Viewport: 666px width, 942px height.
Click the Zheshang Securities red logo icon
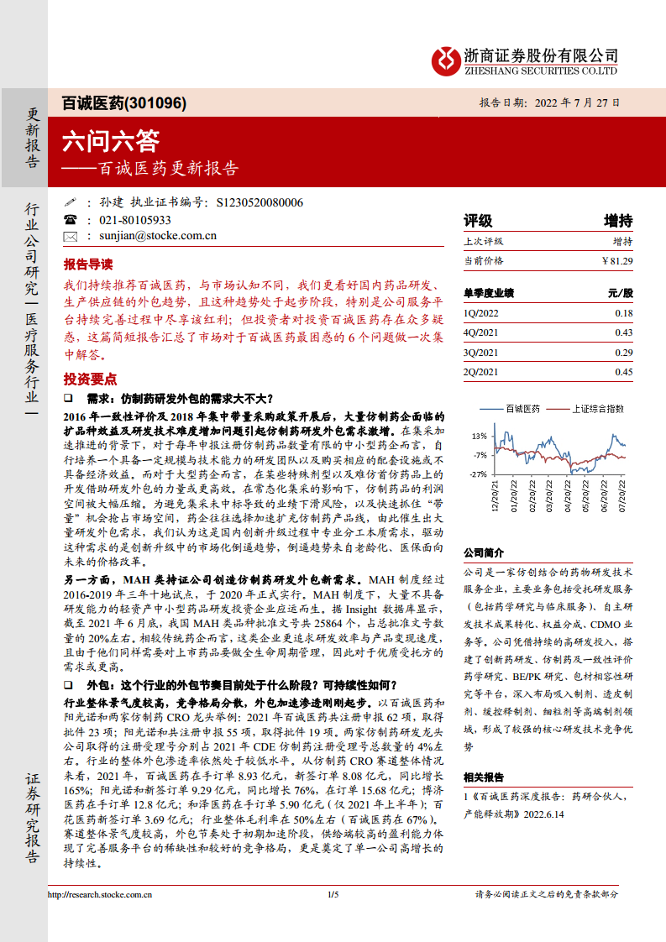click(x=445, y=60)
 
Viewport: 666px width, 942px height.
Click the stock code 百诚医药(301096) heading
click(x=124, y=103)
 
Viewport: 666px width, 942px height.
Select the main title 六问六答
click(x=110, y=139)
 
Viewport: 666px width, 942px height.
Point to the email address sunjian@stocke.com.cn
click(x=158, y=236)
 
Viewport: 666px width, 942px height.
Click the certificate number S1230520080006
click(x=260, y=202)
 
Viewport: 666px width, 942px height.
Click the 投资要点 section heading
click(x=90, y=379)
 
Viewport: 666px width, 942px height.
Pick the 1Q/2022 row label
click(x=482, y=313)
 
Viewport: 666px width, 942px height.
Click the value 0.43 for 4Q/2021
click(x=623, y=333)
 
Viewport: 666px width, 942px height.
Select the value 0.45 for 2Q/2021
click(x=623, y=372)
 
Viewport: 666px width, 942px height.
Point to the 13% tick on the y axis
click(x=480, y=436)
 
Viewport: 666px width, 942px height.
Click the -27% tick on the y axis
click(x=479, y=474)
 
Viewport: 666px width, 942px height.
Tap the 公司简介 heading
click(x=484, y=552)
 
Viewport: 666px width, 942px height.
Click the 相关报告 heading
click(x=484, y=777)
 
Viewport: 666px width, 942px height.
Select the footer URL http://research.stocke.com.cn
click(x=99, y=894)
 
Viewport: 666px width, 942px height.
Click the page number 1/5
click(x=333, y=894)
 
